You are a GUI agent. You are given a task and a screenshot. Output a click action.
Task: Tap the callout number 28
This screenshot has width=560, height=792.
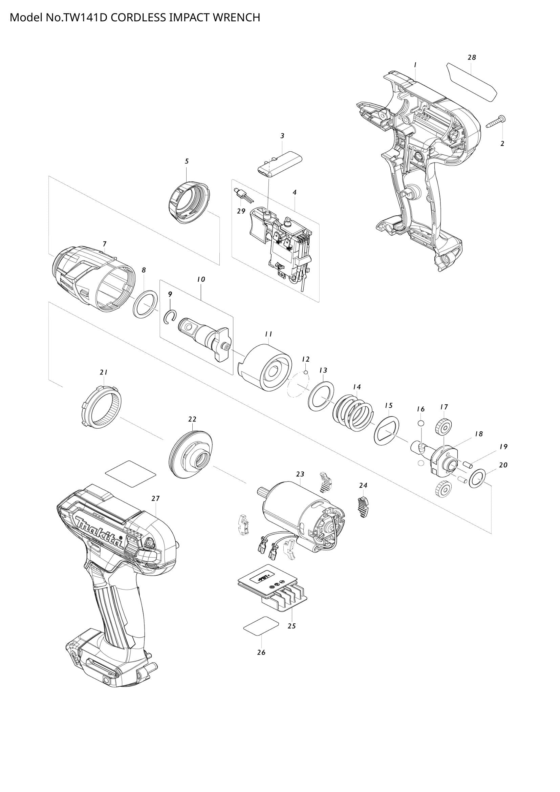tap(472, 58)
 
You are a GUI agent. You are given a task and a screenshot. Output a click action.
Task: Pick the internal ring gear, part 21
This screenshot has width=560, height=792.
tap(102, 408)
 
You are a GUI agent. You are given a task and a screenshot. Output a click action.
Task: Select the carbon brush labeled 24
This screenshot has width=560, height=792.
tap(363, 507)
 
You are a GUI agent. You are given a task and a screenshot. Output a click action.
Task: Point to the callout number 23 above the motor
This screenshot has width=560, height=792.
tap(300, 474)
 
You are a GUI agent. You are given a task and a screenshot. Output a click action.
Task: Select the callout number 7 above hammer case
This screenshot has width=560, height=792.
tap(105, 244)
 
